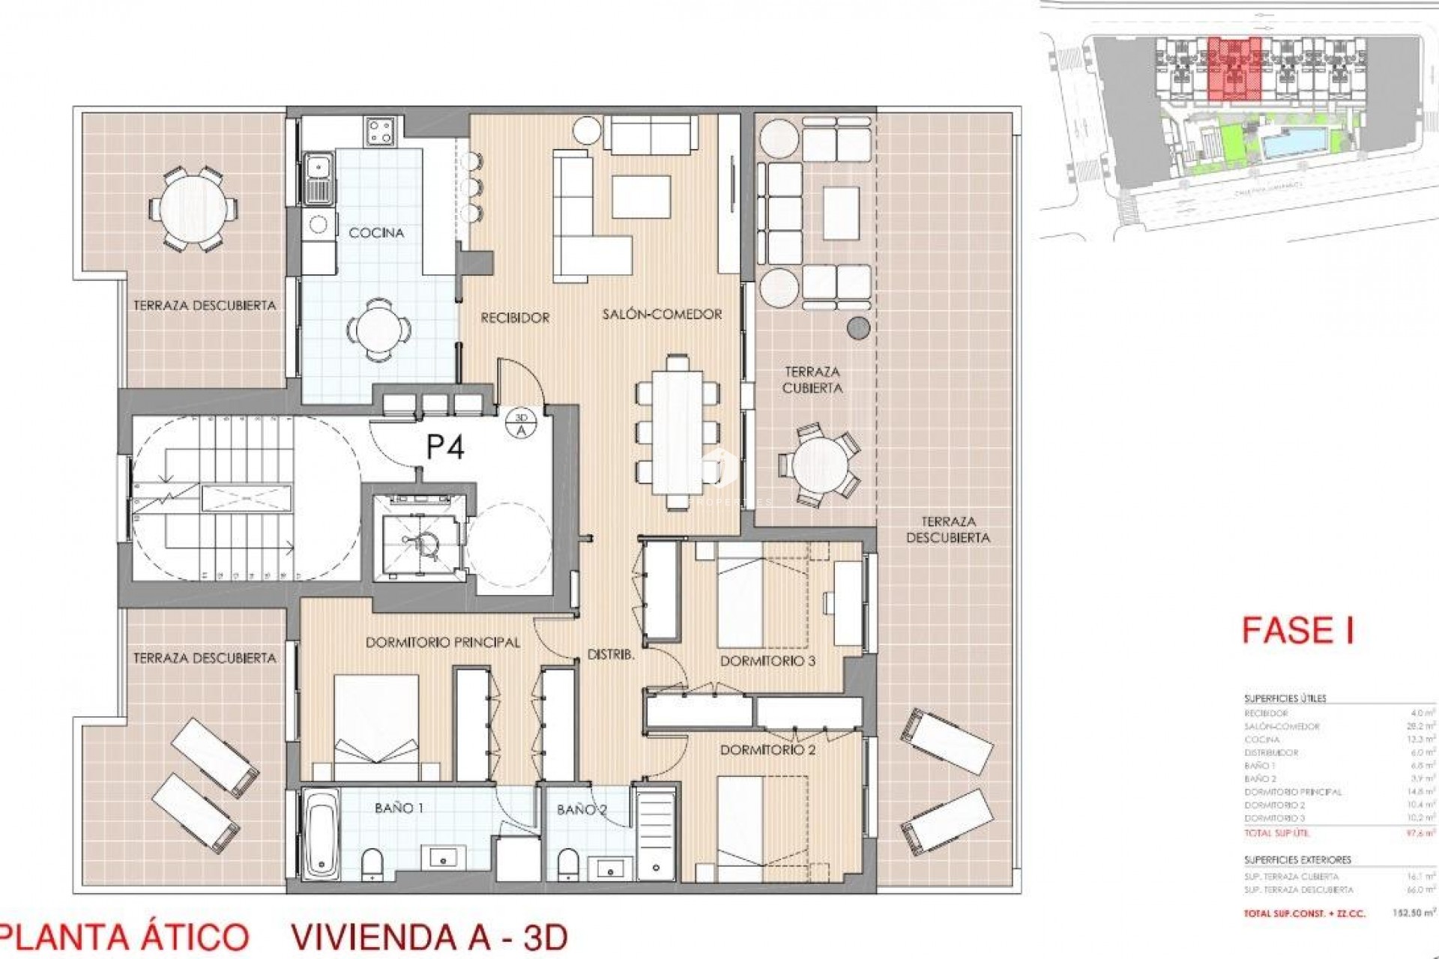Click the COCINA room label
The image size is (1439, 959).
[376, 233]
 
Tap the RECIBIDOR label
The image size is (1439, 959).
[515, 318]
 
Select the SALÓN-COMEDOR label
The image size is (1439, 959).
[662, 315]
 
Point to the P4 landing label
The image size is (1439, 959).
[445, 447]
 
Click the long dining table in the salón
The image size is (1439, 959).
[677, 435]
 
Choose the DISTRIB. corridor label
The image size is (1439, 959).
[611, 654]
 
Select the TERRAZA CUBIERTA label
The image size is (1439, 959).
[812, 380]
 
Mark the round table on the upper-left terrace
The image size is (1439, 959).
[192, 210]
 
